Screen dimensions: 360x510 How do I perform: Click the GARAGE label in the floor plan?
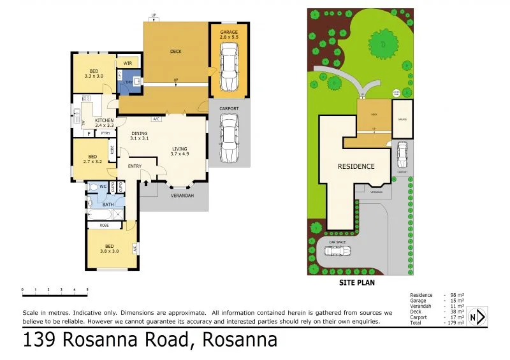tap(229, 34)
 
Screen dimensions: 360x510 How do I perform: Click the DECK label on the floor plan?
tap(176, 52)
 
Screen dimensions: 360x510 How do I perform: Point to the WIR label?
tap(127, 63)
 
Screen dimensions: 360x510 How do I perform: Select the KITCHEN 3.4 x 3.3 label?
tap(104, 122)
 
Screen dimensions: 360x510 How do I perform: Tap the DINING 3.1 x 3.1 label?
tap(139, 135)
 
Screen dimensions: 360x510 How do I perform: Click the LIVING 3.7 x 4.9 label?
tap(180, 152)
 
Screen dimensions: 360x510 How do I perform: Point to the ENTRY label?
tap(135, 166)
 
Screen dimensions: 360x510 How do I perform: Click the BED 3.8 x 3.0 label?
tap(110, 248)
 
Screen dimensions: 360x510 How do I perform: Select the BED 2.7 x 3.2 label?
tap(92, 159)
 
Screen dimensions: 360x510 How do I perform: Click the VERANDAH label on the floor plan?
tap(182, 195)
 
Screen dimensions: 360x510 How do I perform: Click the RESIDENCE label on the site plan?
tap(356, 166)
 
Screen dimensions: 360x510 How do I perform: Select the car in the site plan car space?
tap(337, 250)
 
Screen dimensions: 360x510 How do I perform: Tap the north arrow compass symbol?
tap(477, 316)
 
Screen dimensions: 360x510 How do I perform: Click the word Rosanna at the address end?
tap(240, 340)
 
